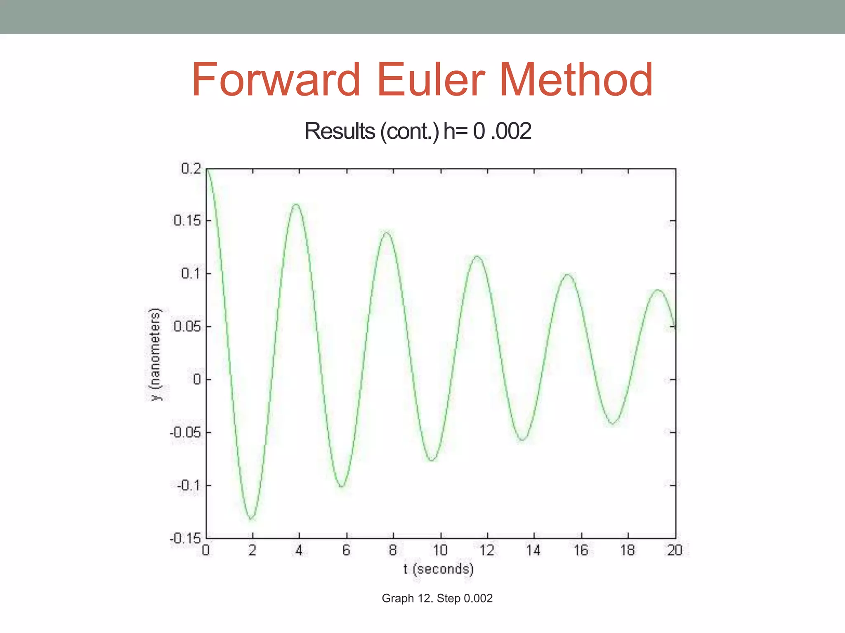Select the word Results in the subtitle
340,131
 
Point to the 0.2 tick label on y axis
191,169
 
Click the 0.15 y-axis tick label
187,221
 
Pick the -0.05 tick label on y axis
185,432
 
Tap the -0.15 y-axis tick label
185,538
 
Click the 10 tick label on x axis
440,550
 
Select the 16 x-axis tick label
581,550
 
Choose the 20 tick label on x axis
675,550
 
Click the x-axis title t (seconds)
439,569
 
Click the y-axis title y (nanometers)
155,354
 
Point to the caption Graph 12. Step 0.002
437,598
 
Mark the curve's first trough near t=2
251,518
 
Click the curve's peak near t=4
296,204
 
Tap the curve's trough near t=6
342,486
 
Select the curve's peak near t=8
387,233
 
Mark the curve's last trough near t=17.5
613,423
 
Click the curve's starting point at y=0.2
207,169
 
